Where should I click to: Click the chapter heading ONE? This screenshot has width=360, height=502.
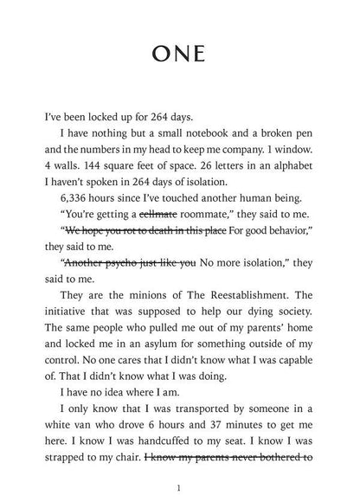coord(180,53)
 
